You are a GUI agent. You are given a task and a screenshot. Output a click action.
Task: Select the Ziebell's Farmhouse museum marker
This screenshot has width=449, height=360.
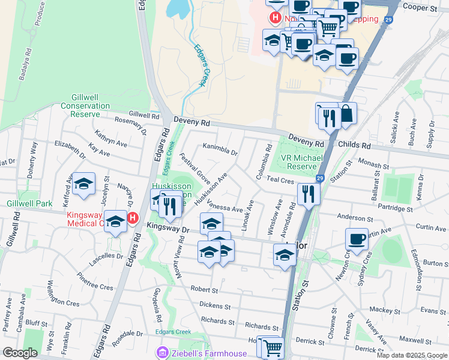(x=161, y=353)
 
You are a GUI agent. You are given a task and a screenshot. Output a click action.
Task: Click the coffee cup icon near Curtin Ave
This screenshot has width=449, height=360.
(x=357, y=239)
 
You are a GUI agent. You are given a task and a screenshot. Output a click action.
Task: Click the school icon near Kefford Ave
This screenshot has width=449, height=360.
(x=84, y=184)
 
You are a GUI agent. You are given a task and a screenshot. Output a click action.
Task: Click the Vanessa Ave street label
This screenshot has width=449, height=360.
(x=224, y=206)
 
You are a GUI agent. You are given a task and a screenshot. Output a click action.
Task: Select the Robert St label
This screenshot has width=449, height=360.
(x=203, y=289)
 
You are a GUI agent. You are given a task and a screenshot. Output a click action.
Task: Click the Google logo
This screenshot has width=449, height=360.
(x=20, y=353)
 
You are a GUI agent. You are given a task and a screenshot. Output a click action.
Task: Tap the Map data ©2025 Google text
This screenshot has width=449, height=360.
(x=411, y=355)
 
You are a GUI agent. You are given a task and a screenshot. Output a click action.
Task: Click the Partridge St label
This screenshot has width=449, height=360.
(x=394, y=209)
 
